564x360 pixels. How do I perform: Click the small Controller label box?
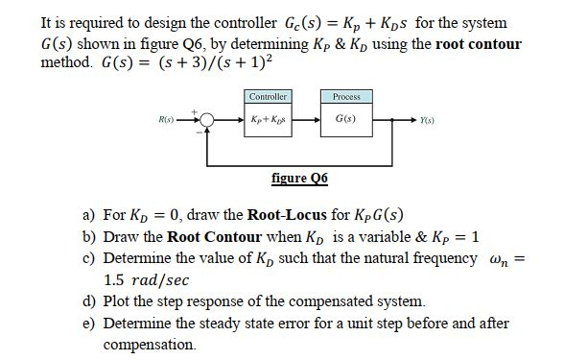pyautogui.click(x=268, y=98)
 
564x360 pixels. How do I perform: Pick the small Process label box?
pyautogui.click(x=345, y=98)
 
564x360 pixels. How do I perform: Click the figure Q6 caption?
pyautogui.click(x=299, y=178)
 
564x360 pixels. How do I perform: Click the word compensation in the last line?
pyautogui.click(x=148, y=344)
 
